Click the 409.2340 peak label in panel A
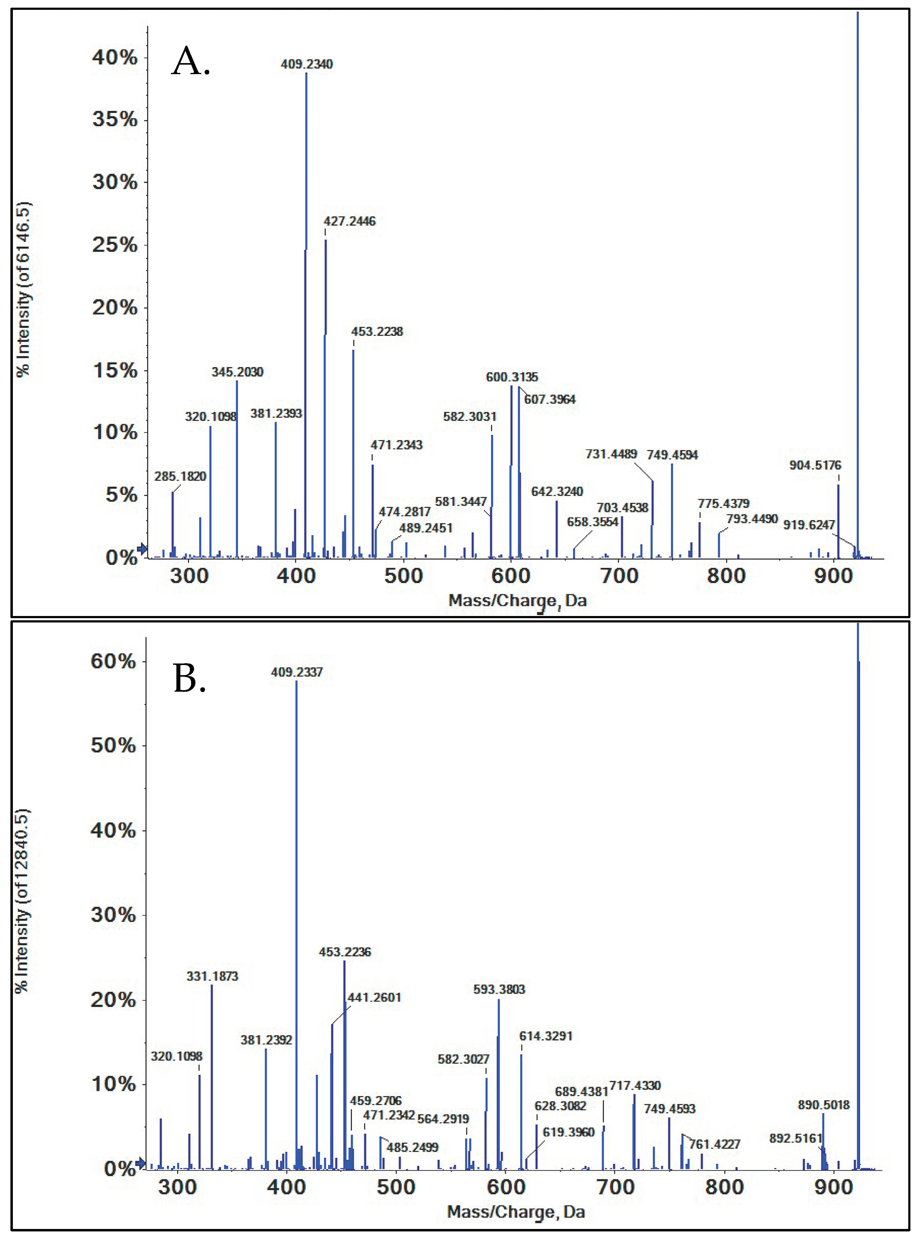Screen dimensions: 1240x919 coord(307,64)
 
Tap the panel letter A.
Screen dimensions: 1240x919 coord(191,61)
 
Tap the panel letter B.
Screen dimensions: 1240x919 coord(190,679)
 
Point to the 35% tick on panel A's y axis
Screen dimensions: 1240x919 coord(115,119)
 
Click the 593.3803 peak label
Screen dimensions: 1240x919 coord(499,989)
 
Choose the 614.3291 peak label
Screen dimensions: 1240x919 coord(546,1036)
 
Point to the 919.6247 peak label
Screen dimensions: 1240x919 coord(809,525)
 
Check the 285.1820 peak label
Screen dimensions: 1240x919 coord(180,476)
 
